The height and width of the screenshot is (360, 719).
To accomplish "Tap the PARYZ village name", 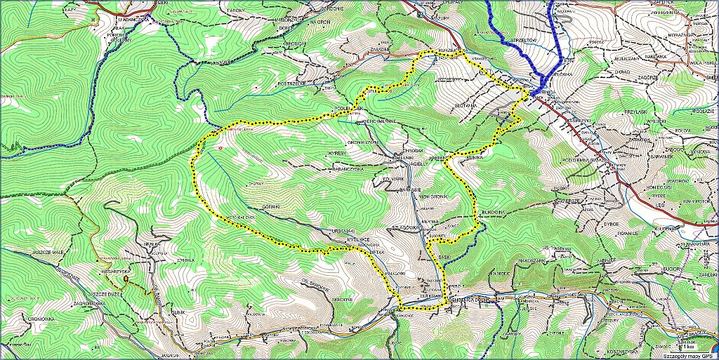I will [598, 42].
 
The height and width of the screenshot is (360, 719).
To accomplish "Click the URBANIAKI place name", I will [342, 230].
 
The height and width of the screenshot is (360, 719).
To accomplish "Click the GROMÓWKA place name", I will [34, 318].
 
